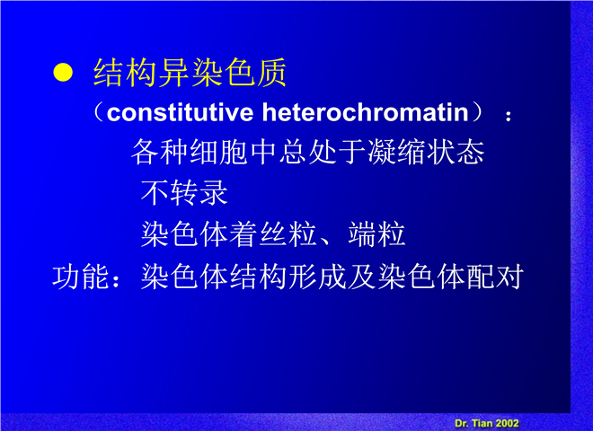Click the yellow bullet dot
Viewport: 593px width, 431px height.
[x=63, y=72]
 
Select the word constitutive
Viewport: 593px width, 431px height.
[x=180, y=112]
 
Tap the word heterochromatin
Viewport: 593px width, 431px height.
[x=366, y=112]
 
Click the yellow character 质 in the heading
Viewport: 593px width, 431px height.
[x=271, y=72]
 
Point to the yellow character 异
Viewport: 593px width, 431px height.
[x=173, y=72]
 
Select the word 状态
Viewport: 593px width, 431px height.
[x=456, y=152]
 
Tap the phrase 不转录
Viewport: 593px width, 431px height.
[x=184, y=193]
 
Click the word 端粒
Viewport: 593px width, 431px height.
[x=376, y=234]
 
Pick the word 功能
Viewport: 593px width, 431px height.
[x=81, y=277]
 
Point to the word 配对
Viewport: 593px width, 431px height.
[x=495, y=277]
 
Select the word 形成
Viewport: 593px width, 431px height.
[x=318, y=277]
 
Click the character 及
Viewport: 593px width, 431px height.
[x=362, y=277]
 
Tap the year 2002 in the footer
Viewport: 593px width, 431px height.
[x=507, y=423]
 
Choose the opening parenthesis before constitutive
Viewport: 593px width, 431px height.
[x=98, y=112]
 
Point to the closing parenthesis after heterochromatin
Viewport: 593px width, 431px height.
[x=477, y=112]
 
